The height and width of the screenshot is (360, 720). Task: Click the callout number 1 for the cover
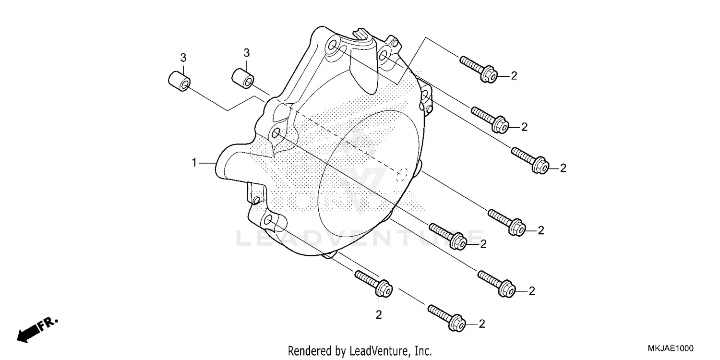tap(194, 163)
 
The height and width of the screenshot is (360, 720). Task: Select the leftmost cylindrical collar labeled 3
tap(179, 81)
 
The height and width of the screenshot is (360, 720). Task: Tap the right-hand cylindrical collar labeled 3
tap(243, 78)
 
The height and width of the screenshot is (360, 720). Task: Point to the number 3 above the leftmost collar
tap(183, 58)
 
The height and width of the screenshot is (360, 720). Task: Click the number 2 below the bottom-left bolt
tap(378, 315)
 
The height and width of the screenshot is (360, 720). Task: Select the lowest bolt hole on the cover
tap(268, 221)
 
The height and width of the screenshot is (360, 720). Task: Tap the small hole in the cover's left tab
tap(256, 199)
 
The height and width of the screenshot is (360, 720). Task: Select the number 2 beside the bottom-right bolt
tap(481, 324)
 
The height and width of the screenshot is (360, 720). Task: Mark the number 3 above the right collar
tap(246, 52)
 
